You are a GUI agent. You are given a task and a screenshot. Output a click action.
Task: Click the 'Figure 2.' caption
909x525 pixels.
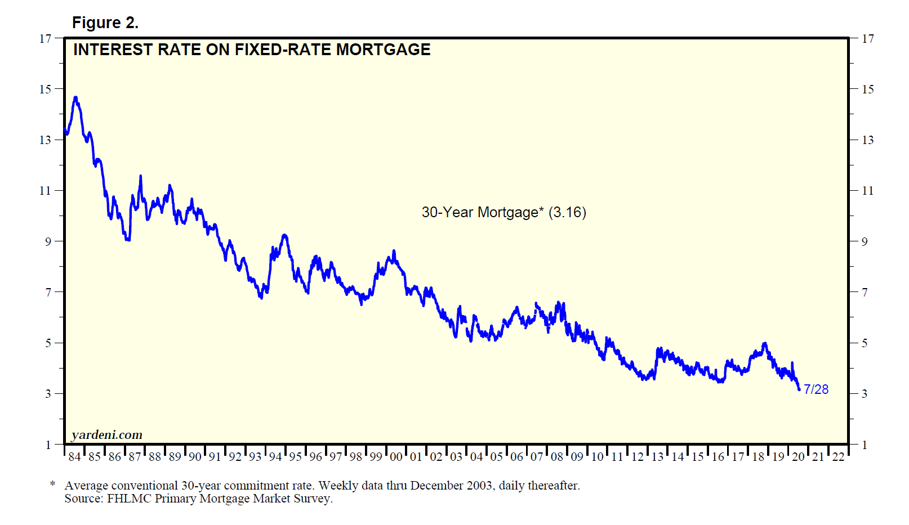(x=105, y=23)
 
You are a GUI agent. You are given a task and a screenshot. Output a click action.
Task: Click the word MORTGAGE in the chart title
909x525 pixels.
(x=383, y=50)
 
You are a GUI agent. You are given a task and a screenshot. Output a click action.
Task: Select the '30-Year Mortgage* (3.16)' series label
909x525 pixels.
(x=503, y=212)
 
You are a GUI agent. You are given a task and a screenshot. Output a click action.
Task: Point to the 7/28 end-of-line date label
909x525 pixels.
(x=816, y=389)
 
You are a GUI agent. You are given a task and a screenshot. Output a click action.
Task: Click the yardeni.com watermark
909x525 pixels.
(x=107, y=435)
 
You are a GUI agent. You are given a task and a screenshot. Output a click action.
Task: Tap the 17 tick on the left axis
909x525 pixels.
(x=45, y=39)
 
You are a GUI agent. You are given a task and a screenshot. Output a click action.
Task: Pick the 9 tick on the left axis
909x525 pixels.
(x=48, y=241)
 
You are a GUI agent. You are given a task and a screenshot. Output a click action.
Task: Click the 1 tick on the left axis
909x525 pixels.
(x=48, y=445)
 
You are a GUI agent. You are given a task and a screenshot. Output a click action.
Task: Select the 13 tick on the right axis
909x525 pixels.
(x=868, y=140)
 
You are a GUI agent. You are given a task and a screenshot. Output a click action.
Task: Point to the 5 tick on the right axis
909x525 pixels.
(x=865, y=343)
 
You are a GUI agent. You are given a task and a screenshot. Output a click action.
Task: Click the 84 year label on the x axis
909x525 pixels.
(x=74, y=457)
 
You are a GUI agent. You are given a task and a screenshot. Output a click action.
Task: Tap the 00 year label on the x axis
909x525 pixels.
(x=396, y=457)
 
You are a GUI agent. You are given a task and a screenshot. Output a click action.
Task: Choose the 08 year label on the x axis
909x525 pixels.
(x=557, y=457)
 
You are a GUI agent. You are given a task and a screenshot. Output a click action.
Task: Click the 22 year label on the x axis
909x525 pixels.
(x=839, y=457)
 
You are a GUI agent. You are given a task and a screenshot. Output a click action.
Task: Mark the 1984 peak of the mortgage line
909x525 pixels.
(x=75, y=98)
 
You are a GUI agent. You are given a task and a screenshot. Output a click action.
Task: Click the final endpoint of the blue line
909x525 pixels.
(x=799, y=389)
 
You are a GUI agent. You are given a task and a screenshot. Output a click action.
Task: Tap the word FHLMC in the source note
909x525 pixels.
(x=129, y=499)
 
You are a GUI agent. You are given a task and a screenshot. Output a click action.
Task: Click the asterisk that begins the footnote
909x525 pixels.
(x=53, y=484)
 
